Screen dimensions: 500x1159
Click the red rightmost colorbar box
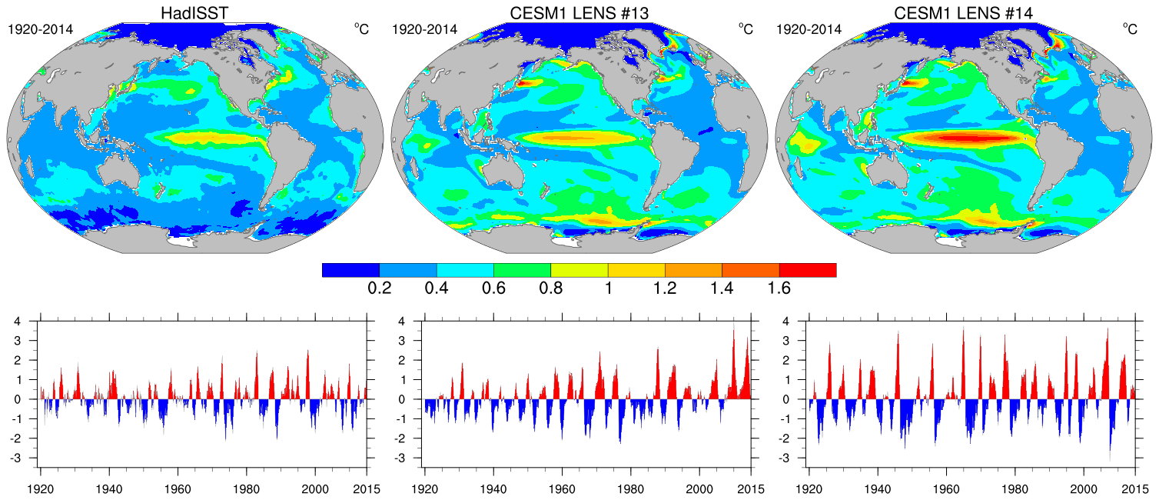807,270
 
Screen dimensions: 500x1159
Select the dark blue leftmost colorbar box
350,270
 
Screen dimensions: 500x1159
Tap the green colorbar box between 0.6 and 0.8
522,270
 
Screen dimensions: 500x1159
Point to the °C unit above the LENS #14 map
1129,29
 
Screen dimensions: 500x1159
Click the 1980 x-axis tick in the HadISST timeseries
247,489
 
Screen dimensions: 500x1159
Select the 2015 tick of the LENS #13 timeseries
751,489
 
